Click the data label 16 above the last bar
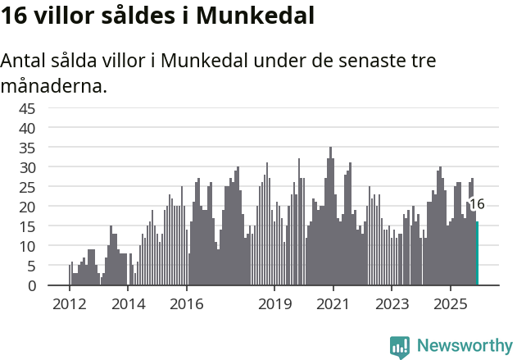coord(477,204)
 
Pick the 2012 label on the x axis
coord(70,304)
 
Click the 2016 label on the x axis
coord(187,304)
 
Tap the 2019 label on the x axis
coord(274,304)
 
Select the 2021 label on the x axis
coord(333,304)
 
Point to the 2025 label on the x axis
coord(451,304)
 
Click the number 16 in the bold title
coord(16,16)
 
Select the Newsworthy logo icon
coord(400,346)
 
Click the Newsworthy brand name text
coord(464,346)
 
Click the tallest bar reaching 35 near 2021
coord(330,217)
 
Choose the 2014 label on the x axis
coord(129,304)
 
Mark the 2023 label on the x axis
coord(392,304)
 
